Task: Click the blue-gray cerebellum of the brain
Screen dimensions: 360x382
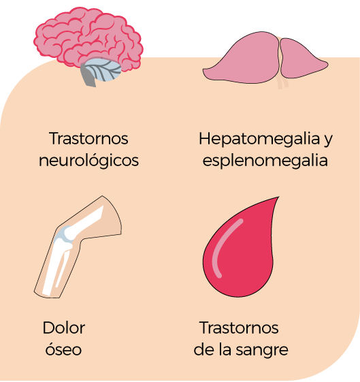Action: pos(103,69)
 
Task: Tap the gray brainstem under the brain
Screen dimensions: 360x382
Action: pos(88,76)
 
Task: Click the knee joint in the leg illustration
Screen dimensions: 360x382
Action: pos(65,237)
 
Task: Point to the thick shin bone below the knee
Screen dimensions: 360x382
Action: pos(54,268)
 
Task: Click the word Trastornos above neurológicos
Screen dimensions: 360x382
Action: pos(88,138)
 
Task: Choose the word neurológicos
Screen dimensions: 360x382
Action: pos(89,161)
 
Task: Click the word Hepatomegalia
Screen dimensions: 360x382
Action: pos(259,140)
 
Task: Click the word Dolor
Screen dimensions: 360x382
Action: pos(64,328)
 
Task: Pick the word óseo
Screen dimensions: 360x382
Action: pos(63,349)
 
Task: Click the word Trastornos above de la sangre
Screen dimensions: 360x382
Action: pos(239,328)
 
